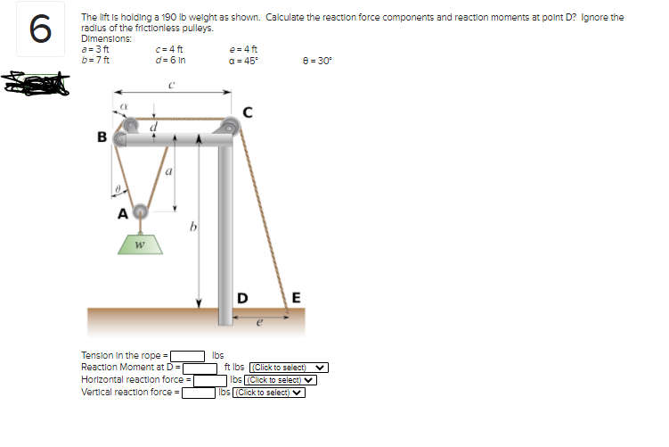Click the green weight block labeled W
pos(139,243)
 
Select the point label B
pos(101,137)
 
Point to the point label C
pos(248,112)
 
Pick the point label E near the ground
pos(296,296)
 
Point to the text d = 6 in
pos(168,60)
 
